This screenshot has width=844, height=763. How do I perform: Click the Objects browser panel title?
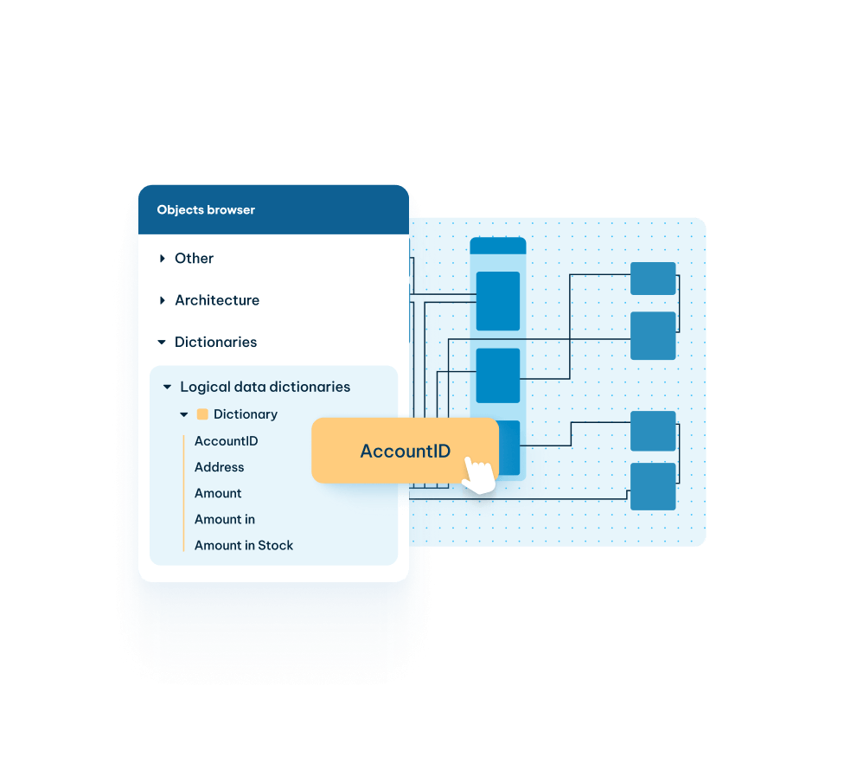[206, 210]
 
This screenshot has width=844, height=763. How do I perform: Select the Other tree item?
[194, 259]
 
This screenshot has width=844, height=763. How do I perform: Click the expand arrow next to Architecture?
[162, 300]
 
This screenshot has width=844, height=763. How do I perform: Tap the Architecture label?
[217, 300]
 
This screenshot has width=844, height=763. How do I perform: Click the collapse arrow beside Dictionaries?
[162, 343]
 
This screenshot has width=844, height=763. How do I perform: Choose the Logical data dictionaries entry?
[265, 388]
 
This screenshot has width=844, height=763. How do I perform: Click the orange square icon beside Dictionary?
[202, 414]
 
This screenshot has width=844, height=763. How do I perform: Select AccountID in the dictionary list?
[226, 441]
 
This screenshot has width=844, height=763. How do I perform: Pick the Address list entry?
[219, 467]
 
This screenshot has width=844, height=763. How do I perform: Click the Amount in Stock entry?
[244, 546]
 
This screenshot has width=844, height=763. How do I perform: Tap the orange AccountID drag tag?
[405, 451]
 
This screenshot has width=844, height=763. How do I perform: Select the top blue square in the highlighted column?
[498, 301]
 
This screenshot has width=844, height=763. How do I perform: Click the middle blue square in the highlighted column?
[498, 375]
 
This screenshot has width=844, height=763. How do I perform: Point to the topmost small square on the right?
[653, 279]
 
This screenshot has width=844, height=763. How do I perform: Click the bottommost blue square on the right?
[653, 486]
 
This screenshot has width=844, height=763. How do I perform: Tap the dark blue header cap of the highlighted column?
[498, 246]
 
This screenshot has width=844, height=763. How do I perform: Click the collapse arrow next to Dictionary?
[183, 415]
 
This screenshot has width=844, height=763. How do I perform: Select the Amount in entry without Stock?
[224, 520]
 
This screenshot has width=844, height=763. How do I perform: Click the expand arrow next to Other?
[162, 259]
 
